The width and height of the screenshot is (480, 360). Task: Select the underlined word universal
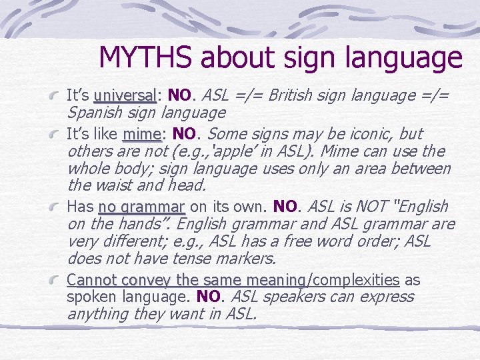point(125,95)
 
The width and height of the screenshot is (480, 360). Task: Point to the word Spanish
point(94,113)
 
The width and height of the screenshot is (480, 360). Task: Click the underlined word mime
point(142,133)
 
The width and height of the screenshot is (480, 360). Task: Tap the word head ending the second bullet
point(191,186)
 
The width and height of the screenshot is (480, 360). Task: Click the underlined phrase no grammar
point(141,207)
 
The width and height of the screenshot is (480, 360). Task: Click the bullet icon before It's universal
point(59,97)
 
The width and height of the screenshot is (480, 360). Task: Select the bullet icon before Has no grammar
point(59,208)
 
